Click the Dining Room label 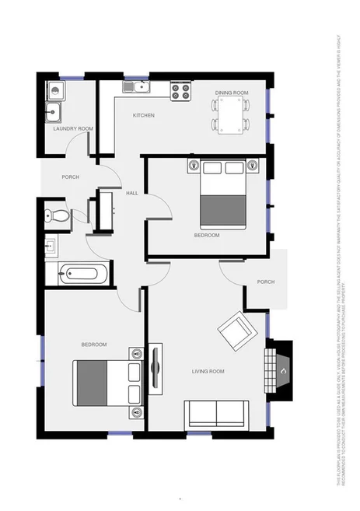pyautogui.click(x=232, y=93)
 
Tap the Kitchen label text pyautogui.click(x=143, y=115)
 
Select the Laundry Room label pyautogui.click(x=73, y=128)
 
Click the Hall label pyautogui.click(x=132, y=193)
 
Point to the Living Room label pyautogui.click(x=208, y=372)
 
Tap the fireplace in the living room pyautogui.click(x=279, y=363)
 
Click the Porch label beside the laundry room pyautogui.click(x=71, y=177)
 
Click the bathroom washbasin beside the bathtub pyautogui.click(x=52, y=248)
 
